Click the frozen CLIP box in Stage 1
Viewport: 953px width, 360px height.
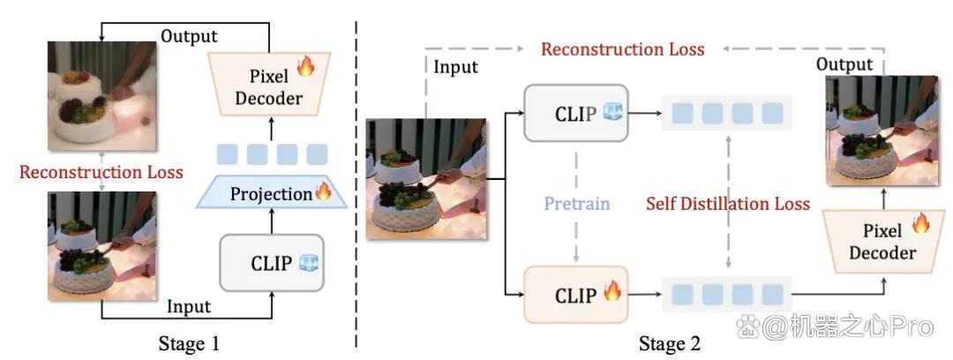click(272, 263)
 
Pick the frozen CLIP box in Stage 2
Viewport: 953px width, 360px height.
click(575, 113)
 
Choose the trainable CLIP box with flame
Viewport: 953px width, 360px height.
click(575, 295)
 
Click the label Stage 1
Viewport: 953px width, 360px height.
click(189, 344)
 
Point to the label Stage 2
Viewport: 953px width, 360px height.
click(669, 344)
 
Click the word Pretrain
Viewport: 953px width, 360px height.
click(577, 203)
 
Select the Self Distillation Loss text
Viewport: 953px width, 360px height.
click(727, 203)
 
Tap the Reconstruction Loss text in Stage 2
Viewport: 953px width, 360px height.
click(623, 49)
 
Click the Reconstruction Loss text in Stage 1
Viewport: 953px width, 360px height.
click(101, 172)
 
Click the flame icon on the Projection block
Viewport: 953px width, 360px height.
click(323, 191)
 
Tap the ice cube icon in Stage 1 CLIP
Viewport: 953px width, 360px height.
click(309, 262)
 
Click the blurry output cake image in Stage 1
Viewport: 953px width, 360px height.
click(102, 95)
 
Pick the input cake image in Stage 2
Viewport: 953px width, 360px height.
click(426, 178)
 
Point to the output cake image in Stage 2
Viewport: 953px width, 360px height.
click(882, 130)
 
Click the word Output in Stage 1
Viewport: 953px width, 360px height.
click(189, 36)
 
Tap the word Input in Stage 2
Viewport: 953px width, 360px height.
click(456, 66)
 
